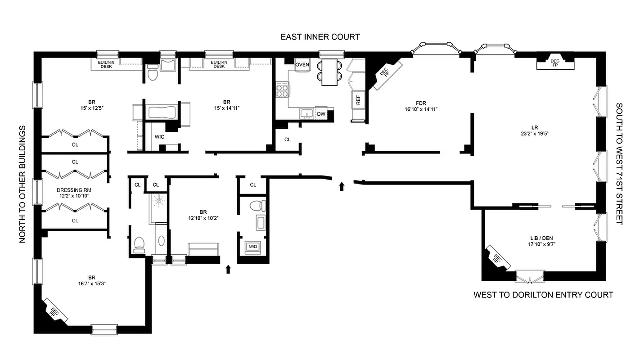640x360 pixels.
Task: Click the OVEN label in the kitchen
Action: click(302, 64)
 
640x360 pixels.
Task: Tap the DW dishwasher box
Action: click(321, 114)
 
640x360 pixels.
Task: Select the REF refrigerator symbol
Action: click(358, 100)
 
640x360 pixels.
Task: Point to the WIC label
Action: click(160, 136)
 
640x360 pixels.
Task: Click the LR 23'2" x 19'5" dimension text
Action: click(534, 133)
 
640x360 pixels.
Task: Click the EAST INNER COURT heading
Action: click(320, 37)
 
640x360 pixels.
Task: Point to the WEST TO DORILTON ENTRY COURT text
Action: click(543, 295)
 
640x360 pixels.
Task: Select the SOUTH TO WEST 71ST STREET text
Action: click(619, 164)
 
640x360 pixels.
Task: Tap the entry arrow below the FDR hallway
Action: click(342, 186)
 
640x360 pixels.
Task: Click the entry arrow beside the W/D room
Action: click(228, 269)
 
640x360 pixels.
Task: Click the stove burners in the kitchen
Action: click(282, 92)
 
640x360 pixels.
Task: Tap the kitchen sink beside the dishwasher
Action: click(307, 113)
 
